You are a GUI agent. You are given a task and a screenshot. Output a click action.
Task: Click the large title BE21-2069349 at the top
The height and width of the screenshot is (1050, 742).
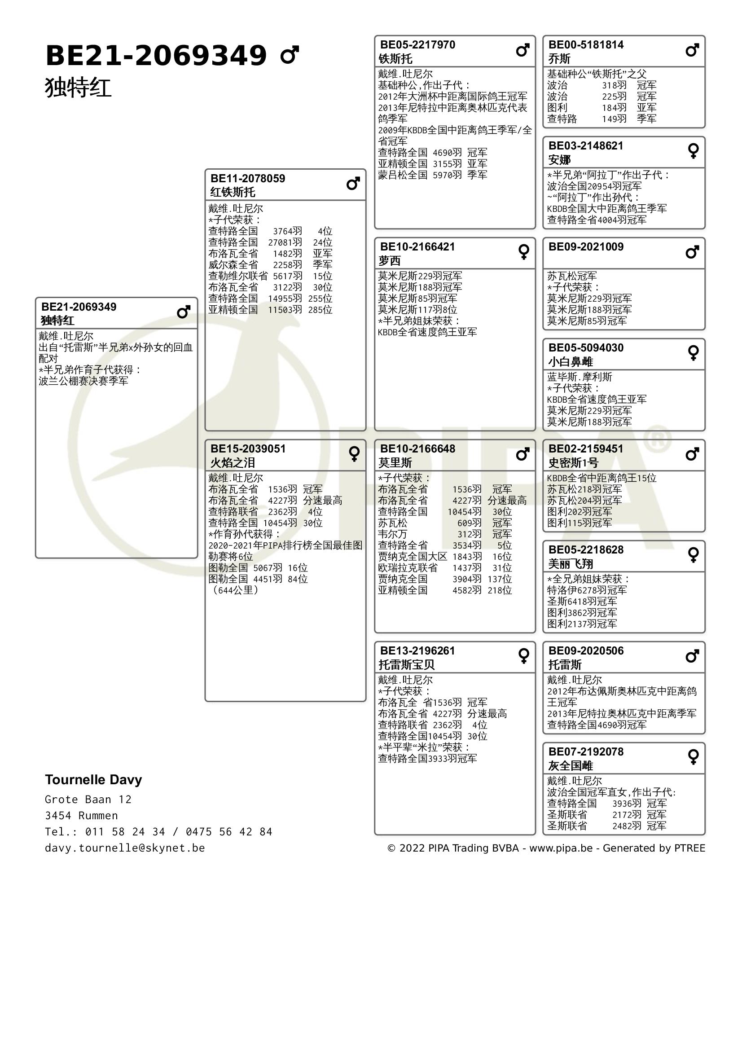156,56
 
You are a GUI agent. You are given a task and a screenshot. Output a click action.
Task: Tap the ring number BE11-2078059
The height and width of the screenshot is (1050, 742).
247,178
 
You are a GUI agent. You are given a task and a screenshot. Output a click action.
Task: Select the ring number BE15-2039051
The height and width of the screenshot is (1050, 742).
248,448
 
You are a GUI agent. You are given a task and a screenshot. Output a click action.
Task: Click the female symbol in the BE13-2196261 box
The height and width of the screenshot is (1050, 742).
523,656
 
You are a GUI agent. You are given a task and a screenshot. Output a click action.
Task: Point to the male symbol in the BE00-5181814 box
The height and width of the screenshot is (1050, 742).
692,50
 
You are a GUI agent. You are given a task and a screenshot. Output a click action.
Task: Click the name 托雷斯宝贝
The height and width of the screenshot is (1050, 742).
406,664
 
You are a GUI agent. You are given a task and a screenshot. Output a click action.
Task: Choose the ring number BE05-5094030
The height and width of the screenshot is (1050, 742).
586,347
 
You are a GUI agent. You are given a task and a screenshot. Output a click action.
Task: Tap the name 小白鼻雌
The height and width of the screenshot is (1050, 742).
571,362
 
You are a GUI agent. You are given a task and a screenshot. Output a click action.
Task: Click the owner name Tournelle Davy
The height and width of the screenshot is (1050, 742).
93,779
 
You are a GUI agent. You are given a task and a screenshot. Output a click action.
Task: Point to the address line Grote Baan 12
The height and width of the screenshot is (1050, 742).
88,800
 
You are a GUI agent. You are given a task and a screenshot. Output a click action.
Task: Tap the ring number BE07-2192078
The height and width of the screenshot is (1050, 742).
586,751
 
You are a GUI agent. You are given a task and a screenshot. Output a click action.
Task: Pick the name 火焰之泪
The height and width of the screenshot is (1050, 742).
232,463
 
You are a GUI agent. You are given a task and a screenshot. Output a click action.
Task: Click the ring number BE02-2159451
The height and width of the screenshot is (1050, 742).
586,448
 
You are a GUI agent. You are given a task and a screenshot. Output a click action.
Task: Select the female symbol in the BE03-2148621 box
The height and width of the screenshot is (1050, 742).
693,151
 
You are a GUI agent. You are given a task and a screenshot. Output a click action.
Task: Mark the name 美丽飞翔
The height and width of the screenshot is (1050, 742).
571,564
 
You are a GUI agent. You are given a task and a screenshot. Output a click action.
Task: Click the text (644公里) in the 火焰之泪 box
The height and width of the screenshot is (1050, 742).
236,590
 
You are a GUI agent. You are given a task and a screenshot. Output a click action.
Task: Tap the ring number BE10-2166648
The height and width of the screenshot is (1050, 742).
417,448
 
